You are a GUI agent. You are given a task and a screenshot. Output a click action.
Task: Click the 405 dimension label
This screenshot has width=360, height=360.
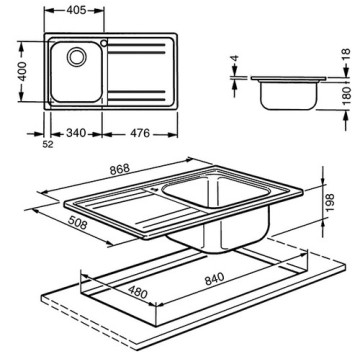tap(76, 11)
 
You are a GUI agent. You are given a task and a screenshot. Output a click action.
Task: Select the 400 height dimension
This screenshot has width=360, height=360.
tap(23, 72)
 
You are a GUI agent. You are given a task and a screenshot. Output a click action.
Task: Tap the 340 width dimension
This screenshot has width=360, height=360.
tap(76, 133)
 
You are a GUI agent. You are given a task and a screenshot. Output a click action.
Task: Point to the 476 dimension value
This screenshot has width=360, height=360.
tap(139, 133)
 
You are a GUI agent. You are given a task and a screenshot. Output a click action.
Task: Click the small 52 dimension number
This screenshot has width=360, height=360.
tap(48, 144)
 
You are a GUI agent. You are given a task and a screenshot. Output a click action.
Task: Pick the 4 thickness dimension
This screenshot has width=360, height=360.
tap(235, 59)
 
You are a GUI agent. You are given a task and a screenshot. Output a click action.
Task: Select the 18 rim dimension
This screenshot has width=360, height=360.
tap(346, 55)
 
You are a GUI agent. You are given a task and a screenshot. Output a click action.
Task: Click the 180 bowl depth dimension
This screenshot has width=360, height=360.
tap(347, 95)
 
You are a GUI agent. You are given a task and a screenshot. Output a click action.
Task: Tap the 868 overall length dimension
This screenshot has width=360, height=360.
tap(120, 169)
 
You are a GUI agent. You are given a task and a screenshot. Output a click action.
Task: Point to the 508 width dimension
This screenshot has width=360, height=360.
tap(77, 223)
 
